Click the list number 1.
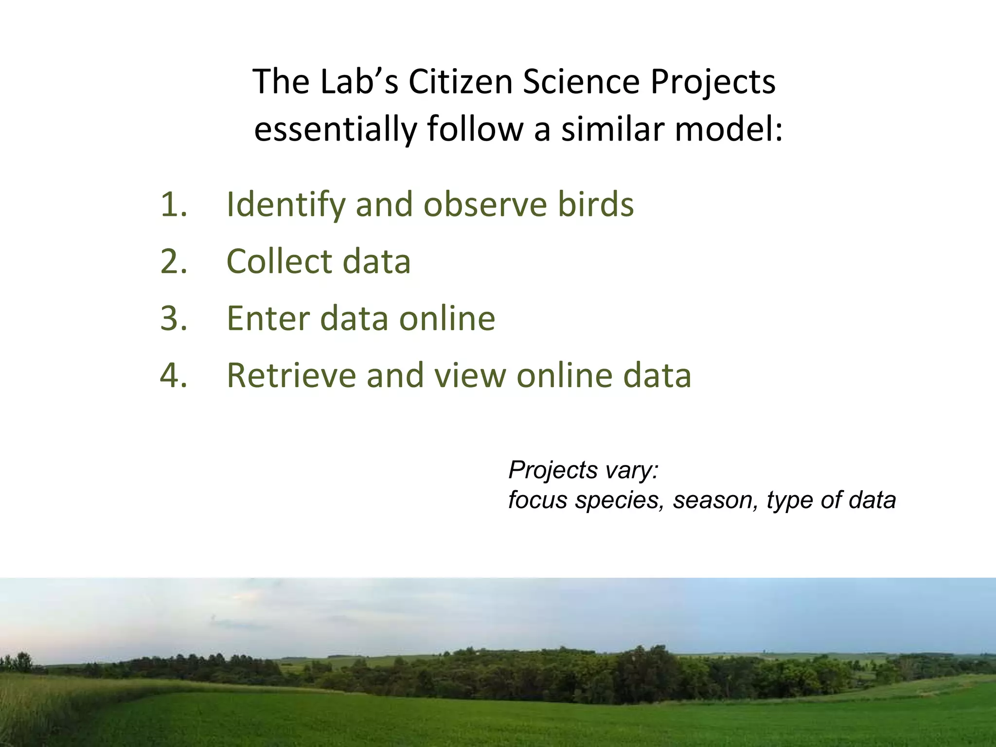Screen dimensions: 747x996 click(173, 204)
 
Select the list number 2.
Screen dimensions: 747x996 click(173, 261)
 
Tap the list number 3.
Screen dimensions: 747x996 click(173, 318)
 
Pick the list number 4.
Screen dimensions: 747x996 click(173, 375)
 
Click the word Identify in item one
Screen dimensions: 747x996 click(286, 204)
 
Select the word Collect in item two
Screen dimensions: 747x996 click(279, 261)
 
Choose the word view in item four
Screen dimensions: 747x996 click(469, 375)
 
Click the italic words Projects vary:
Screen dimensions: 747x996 click(583, 470)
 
